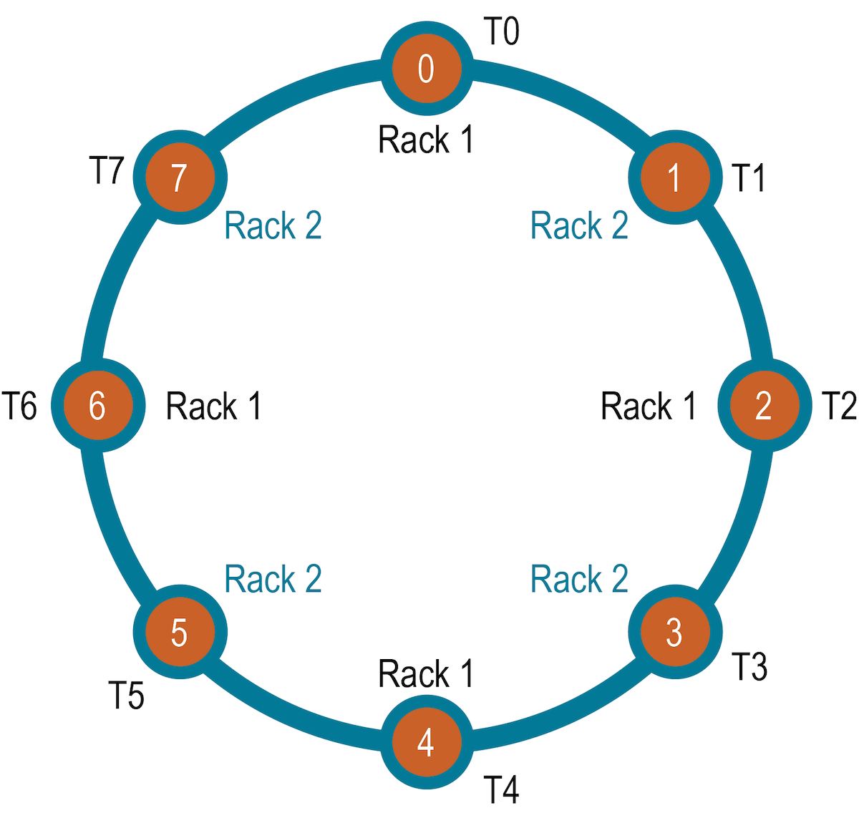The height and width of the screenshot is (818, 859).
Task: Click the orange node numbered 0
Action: point(427,69)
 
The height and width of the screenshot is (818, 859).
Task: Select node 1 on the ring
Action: point(674,177)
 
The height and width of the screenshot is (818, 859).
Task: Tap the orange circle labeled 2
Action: point(764,406)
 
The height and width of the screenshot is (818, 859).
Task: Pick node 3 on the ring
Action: point(674,632)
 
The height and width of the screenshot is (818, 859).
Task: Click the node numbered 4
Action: point(427,742)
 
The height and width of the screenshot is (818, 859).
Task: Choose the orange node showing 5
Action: point(180,632)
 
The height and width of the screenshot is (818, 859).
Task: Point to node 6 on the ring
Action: point(98,406)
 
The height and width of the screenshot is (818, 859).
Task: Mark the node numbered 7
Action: point(180,177)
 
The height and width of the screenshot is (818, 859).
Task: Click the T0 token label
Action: point(501,32)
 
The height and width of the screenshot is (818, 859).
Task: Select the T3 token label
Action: point(749,667)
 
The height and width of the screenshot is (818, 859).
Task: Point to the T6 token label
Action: point(19,406)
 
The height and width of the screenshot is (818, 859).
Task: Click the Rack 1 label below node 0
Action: point(426,140)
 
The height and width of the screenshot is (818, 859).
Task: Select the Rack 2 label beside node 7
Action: point(273,226)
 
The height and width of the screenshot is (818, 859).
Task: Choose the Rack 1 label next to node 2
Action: point(648,406)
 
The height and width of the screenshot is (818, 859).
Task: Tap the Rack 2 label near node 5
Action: point(273,579)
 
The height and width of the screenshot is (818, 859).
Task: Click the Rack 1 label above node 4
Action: point(426,674)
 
